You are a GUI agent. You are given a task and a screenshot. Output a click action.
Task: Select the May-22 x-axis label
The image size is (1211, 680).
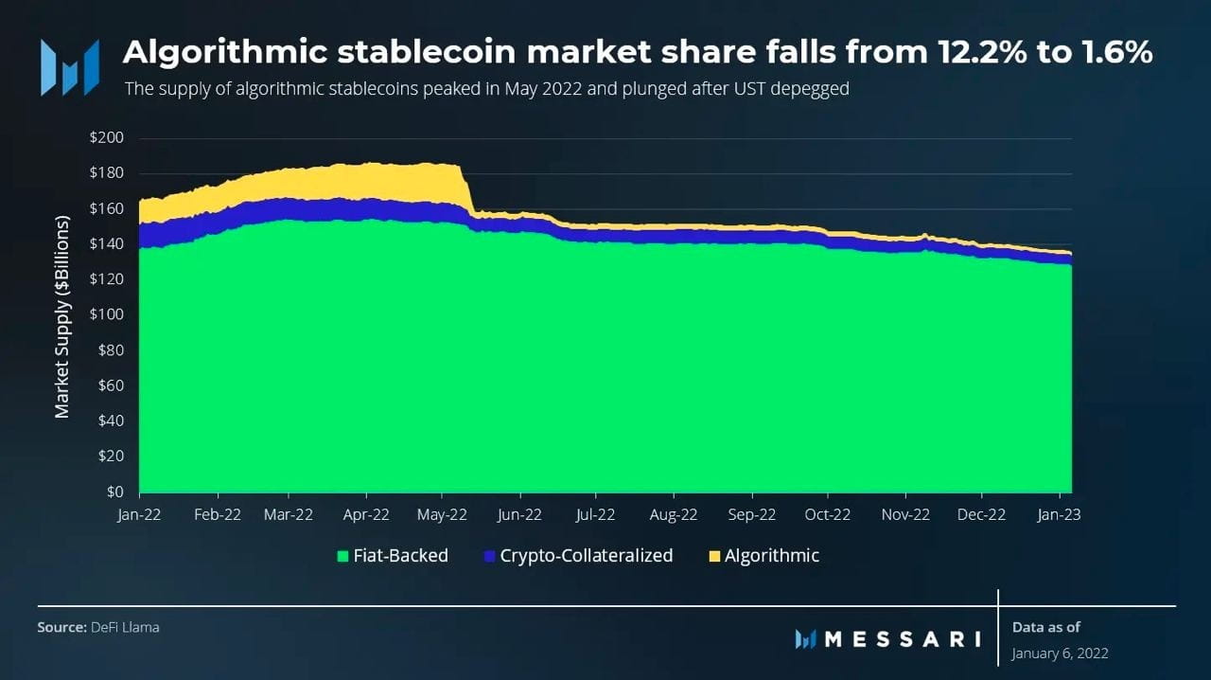pos(442,515)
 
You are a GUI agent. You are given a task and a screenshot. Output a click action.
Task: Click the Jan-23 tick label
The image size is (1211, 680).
pos(1058,515)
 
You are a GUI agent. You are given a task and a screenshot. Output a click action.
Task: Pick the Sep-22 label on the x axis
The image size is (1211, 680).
pos(751,515)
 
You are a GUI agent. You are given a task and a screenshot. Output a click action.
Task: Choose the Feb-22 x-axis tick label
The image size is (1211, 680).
pos(218,515)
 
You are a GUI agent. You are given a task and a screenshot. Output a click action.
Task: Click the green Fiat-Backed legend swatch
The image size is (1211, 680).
pos(342,556)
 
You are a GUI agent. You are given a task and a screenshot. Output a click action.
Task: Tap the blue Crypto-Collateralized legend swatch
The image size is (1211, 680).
pos(489,556)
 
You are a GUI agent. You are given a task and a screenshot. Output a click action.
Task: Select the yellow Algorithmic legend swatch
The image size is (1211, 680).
pos(713,556)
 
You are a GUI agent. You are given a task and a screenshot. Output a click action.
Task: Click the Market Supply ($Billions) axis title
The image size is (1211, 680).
pos(62,316)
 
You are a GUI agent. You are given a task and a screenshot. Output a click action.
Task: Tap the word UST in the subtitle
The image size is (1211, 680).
pos(730,89)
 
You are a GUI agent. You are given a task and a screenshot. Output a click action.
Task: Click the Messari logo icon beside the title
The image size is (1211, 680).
pos(69,66)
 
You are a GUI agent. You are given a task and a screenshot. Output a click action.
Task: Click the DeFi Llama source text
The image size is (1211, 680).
pos(125,627)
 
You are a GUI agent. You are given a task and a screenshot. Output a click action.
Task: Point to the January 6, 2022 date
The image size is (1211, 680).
pos(1060,653)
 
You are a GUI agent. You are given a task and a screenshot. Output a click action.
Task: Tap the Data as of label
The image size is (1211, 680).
pos(1045,627)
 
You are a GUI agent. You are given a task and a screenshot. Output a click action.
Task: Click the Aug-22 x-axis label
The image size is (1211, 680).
pos(674,515)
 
